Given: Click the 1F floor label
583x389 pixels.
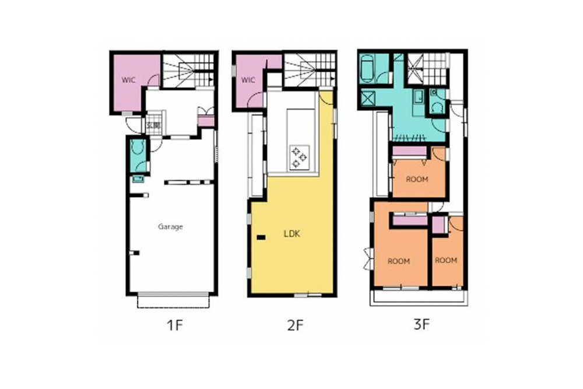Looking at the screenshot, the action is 175,325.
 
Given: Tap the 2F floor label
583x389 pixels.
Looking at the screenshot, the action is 296,325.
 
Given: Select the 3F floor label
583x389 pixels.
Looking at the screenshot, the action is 422,325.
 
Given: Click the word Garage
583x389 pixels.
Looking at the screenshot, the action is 170,226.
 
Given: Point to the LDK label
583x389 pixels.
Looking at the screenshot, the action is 292,234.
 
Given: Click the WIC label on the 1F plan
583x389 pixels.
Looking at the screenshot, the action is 129,80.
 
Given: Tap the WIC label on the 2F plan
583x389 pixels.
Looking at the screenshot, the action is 248,80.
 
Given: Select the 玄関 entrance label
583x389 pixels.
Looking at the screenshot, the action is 153,126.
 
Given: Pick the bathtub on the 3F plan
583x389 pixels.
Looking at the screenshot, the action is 368,69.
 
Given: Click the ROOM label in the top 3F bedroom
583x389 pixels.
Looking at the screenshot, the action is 417,179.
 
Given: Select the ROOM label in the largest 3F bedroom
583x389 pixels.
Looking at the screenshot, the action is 399,261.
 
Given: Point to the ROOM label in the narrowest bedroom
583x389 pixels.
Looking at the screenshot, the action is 446,260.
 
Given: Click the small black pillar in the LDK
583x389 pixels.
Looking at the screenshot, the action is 261,237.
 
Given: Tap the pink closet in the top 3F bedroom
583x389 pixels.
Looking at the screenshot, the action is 409,152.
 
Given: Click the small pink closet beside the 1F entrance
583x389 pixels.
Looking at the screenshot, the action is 206,121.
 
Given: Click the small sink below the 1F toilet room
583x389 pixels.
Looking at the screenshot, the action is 138,179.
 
